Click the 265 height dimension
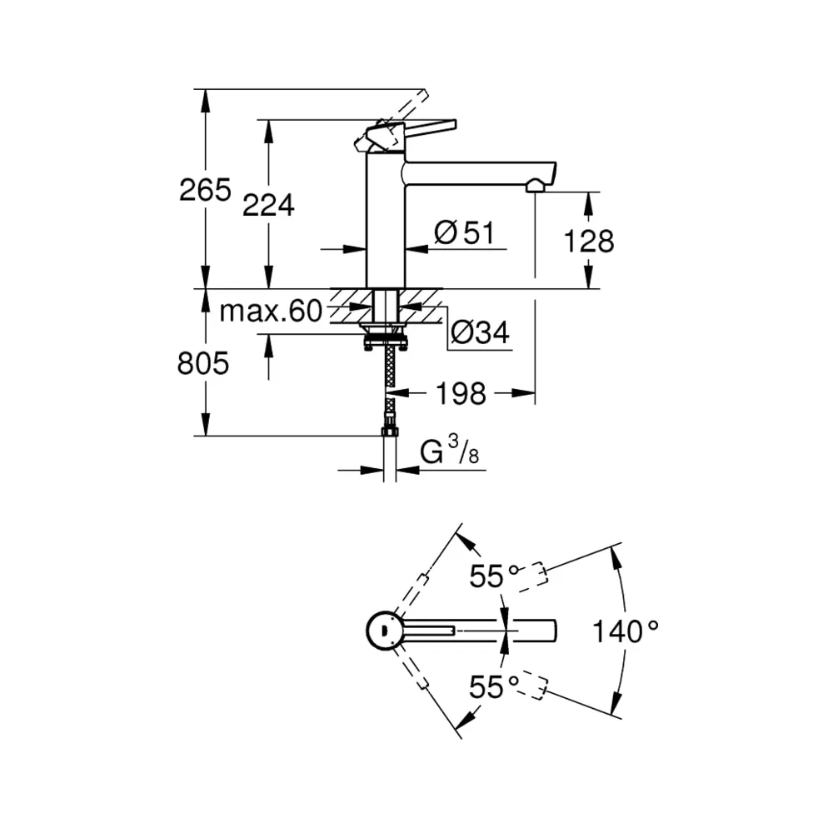coord(205,190)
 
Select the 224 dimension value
coord(268,205)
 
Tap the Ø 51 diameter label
coord(464,232)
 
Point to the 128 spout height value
coord(589,242)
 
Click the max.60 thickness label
coord(271,311)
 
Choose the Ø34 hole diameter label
coord(480,332)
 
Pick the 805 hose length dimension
coord(203,364)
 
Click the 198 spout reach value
coord(461,394)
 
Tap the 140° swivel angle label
coord(626,631)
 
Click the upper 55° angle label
coord(493,576)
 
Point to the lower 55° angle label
coord(493,687)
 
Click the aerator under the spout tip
coord(535,186)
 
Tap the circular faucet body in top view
coord(384,631)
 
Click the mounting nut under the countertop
coord(386,340)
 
